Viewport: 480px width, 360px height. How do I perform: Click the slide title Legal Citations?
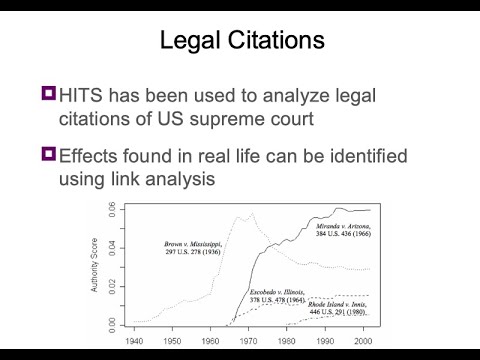click(239, 41)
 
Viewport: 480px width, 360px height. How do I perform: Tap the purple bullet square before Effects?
click(48, 154)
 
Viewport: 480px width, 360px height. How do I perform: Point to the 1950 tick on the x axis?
click(171, 340)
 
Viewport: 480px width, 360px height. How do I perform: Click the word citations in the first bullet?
click(107, 120)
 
